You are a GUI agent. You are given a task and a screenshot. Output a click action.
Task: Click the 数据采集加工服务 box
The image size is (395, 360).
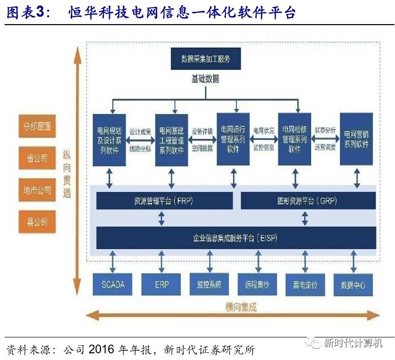[x=206, y=58]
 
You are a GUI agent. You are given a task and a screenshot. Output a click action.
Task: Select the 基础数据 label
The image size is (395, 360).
[x=205, y=78]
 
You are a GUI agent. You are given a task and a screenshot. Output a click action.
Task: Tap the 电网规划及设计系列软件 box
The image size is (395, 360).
[x=109, y=139]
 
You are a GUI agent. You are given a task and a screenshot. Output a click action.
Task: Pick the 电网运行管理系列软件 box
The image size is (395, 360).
[x=233, y=139]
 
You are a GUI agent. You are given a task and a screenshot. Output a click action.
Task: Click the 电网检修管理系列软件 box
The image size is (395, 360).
[x=295, y=139]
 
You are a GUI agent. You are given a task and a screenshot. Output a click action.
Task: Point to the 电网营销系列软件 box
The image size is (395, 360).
[x=357, y=139]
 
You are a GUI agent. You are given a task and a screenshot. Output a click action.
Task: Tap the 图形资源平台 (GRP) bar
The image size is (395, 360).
[x=307, y=201]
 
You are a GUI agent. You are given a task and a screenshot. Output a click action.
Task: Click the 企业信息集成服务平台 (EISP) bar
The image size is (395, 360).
[x=235, y=238]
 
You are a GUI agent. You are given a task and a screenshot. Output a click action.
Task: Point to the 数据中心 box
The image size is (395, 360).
[x=353, y=285]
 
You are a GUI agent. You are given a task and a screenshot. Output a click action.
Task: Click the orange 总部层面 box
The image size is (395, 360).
[x=37, y=127]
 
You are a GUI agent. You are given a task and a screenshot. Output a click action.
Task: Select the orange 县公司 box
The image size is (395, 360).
[x=37, y=222]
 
